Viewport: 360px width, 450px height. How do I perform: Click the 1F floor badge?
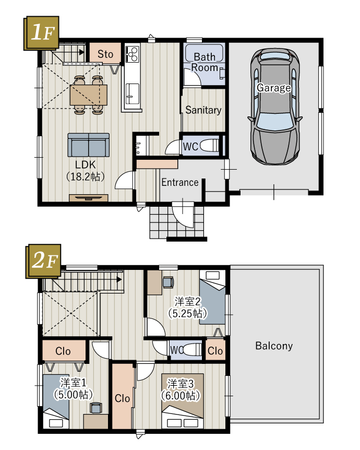point(41,33)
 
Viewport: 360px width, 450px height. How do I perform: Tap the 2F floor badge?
point(43,261)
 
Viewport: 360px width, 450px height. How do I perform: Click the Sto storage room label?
point(105,54)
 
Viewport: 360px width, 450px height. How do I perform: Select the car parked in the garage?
point(275,106)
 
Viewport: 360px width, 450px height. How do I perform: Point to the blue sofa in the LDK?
point(89,145)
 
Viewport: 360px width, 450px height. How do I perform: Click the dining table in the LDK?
point(89,94)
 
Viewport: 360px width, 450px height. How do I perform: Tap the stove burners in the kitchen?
point(132,54)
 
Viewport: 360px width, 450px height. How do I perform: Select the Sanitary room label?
point(203,110)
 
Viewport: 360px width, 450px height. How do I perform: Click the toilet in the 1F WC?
point(209,145)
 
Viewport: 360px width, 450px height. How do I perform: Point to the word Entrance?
point(180,182)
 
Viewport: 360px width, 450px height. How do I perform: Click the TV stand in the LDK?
point(89,198)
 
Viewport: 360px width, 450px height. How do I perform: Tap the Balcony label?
point(274,346)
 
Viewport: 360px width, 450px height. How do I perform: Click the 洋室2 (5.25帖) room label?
point(188,307)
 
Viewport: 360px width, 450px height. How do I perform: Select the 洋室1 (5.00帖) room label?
point(74,388)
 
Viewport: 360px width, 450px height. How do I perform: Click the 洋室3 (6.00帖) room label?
point(181,389)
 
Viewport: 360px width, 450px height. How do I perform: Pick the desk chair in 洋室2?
point(168,282)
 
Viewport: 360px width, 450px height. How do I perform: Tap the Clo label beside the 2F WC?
point(215,351)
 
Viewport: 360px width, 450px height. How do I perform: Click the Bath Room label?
point(205,62)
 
